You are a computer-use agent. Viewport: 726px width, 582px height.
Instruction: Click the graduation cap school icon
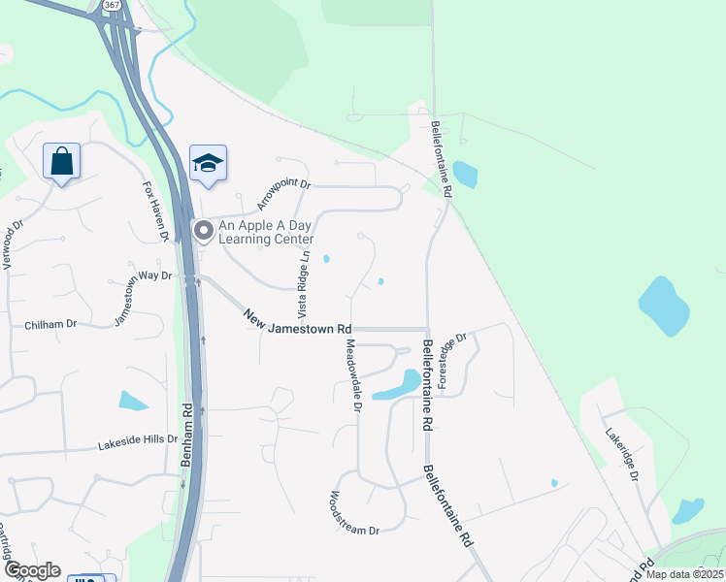tap(208, 163)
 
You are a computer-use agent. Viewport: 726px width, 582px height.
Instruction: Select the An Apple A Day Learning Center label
tap(265, 232)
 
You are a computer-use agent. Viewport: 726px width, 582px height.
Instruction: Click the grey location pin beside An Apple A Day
tap(204, 231)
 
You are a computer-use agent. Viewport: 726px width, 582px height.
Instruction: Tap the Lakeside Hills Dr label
tap(138, 443)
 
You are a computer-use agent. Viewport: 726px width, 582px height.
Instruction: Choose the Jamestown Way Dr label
tap(142, 292)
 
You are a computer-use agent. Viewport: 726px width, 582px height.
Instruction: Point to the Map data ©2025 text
tap(685, 574)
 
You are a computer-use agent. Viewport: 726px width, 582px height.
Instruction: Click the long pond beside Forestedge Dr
tap(399, 384)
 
